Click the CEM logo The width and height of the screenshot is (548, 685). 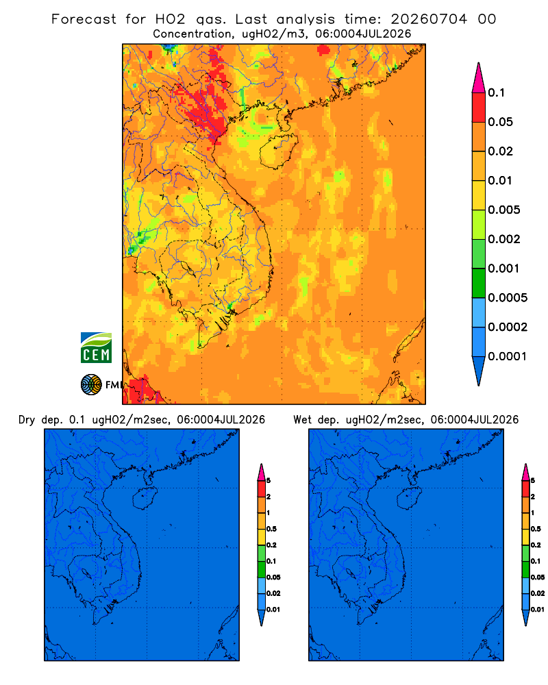[96, 348]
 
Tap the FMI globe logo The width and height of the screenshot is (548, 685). [91, 385]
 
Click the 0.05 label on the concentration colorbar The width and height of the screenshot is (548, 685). [500, 122]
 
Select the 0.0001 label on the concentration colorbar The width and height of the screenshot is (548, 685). [508, 356]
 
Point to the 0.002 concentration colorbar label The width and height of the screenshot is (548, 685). [504, 239]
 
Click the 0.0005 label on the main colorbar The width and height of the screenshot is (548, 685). [508, 298]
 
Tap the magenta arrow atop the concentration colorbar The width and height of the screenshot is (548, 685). [479, 78]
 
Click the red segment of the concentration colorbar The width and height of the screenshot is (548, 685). [479, 108]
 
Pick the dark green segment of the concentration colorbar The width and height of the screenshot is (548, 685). [479, 283]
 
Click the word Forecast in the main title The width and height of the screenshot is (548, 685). [84, 19]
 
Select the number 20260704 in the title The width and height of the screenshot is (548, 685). [429, 19]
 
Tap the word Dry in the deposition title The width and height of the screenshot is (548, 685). [27, 420]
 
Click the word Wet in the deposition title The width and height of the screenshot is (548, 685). [302, 420]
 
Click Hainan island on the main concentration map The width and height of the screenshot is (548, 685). [278, 151]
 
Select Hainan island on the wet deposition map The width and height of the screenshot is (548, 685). [409, 499]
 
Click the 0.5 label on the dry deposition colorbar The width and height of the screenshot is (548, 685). [271, 529]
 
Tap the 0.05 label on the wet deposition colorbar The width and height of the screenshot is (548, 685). [538, 577]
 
